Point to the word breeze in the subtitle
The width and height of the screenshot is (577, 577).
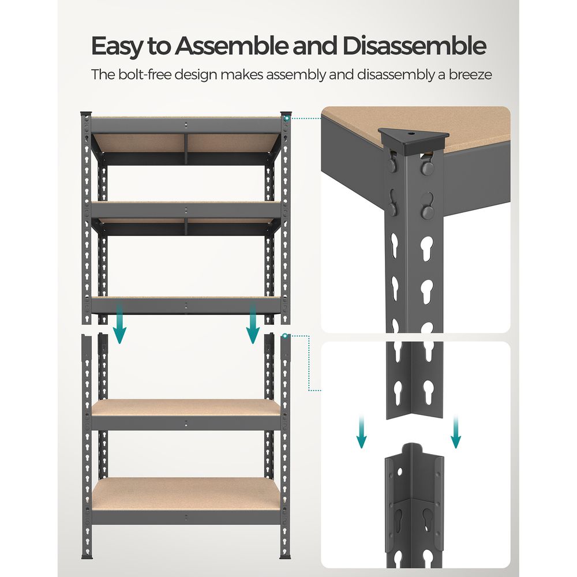tap(468, 75)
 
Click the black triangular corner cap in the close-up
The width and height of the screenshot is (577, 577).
tap(414, 140)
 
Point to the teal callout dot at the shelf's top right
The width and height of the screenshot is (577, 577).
tap(286, 118)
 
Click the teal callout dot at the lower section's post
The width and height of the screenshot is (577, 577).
tap(284, 335)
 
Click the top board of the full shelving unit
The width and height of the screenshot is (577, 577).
tap(186, 119)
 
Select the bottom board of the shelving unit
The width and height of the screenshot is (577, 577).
tap(186, 493)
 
